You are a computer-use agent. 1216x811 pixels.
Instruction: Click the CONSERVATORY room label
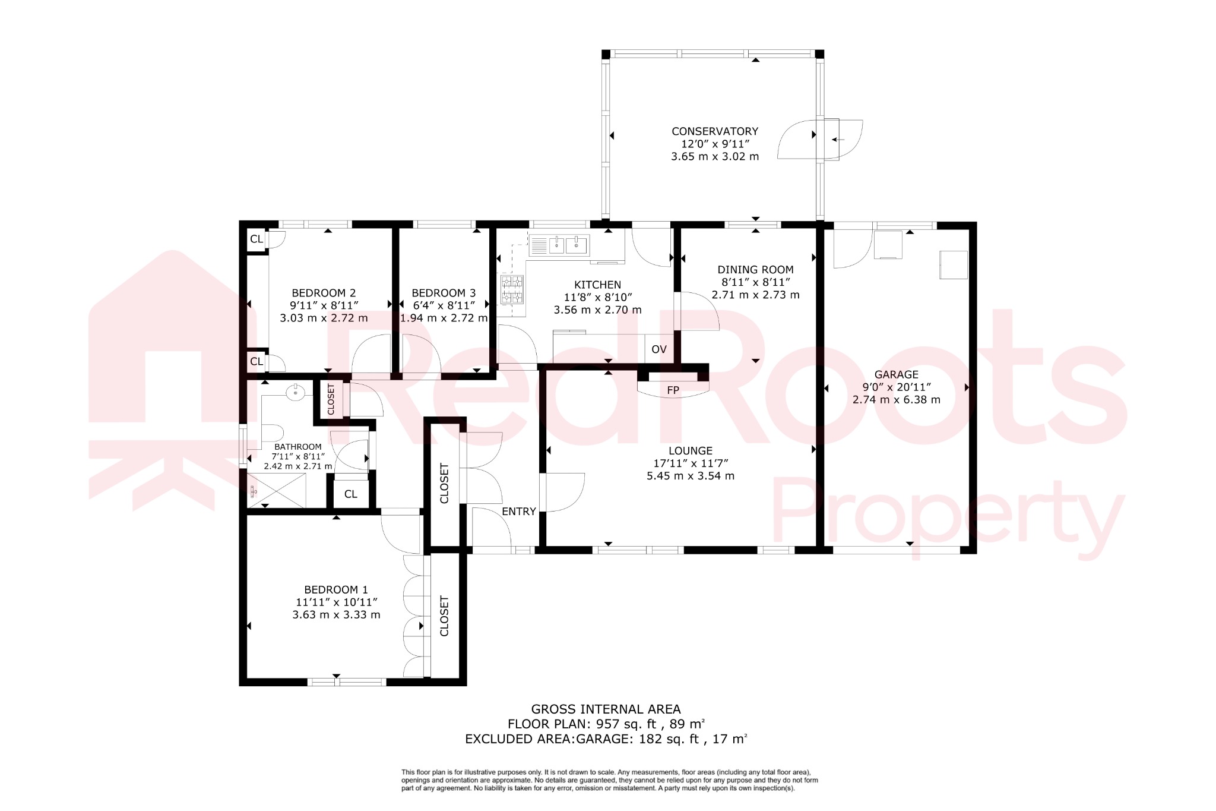click(714, 131)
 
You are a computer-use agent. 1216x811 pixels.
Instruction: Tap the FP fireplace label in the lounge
click(673, 390)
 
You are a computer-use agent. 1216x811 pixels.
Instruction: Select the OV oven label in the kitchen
click(658, 349)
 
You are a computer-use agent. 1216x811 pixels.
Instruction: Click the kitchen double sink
click(559, 245)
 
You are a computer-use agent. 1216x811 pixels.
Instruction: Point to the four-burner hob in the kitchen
click(512, 289)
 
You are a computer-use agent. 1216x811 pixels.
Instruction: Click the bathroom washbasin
click(295, 392)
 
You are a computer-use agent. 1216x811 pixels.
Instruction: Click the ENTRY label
click(518, 512)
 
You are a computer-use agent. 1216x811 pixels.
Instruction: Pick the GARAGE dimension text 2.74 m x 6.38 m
click(896, 400)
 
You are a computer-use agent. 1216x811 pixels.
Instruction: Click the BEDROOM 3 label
click(443, 293)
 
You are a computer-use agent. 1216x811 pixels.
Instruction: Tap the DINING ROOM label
click(755, 270)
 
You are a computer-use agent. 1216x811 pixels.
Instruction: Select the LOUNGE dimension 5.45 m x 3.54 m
click(690, 476)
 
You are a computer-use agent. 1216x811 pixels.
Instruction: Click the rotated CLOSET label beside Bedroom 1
click(444, 616)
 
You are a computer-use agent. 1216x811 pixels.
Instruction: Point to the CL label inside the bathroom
click(350, 494)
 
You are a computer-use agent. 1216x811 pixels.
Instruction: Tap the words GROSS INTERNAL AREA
click(606, 709)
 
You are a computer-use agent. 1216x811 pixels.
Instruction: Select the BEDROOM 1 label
click(335, 590)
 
